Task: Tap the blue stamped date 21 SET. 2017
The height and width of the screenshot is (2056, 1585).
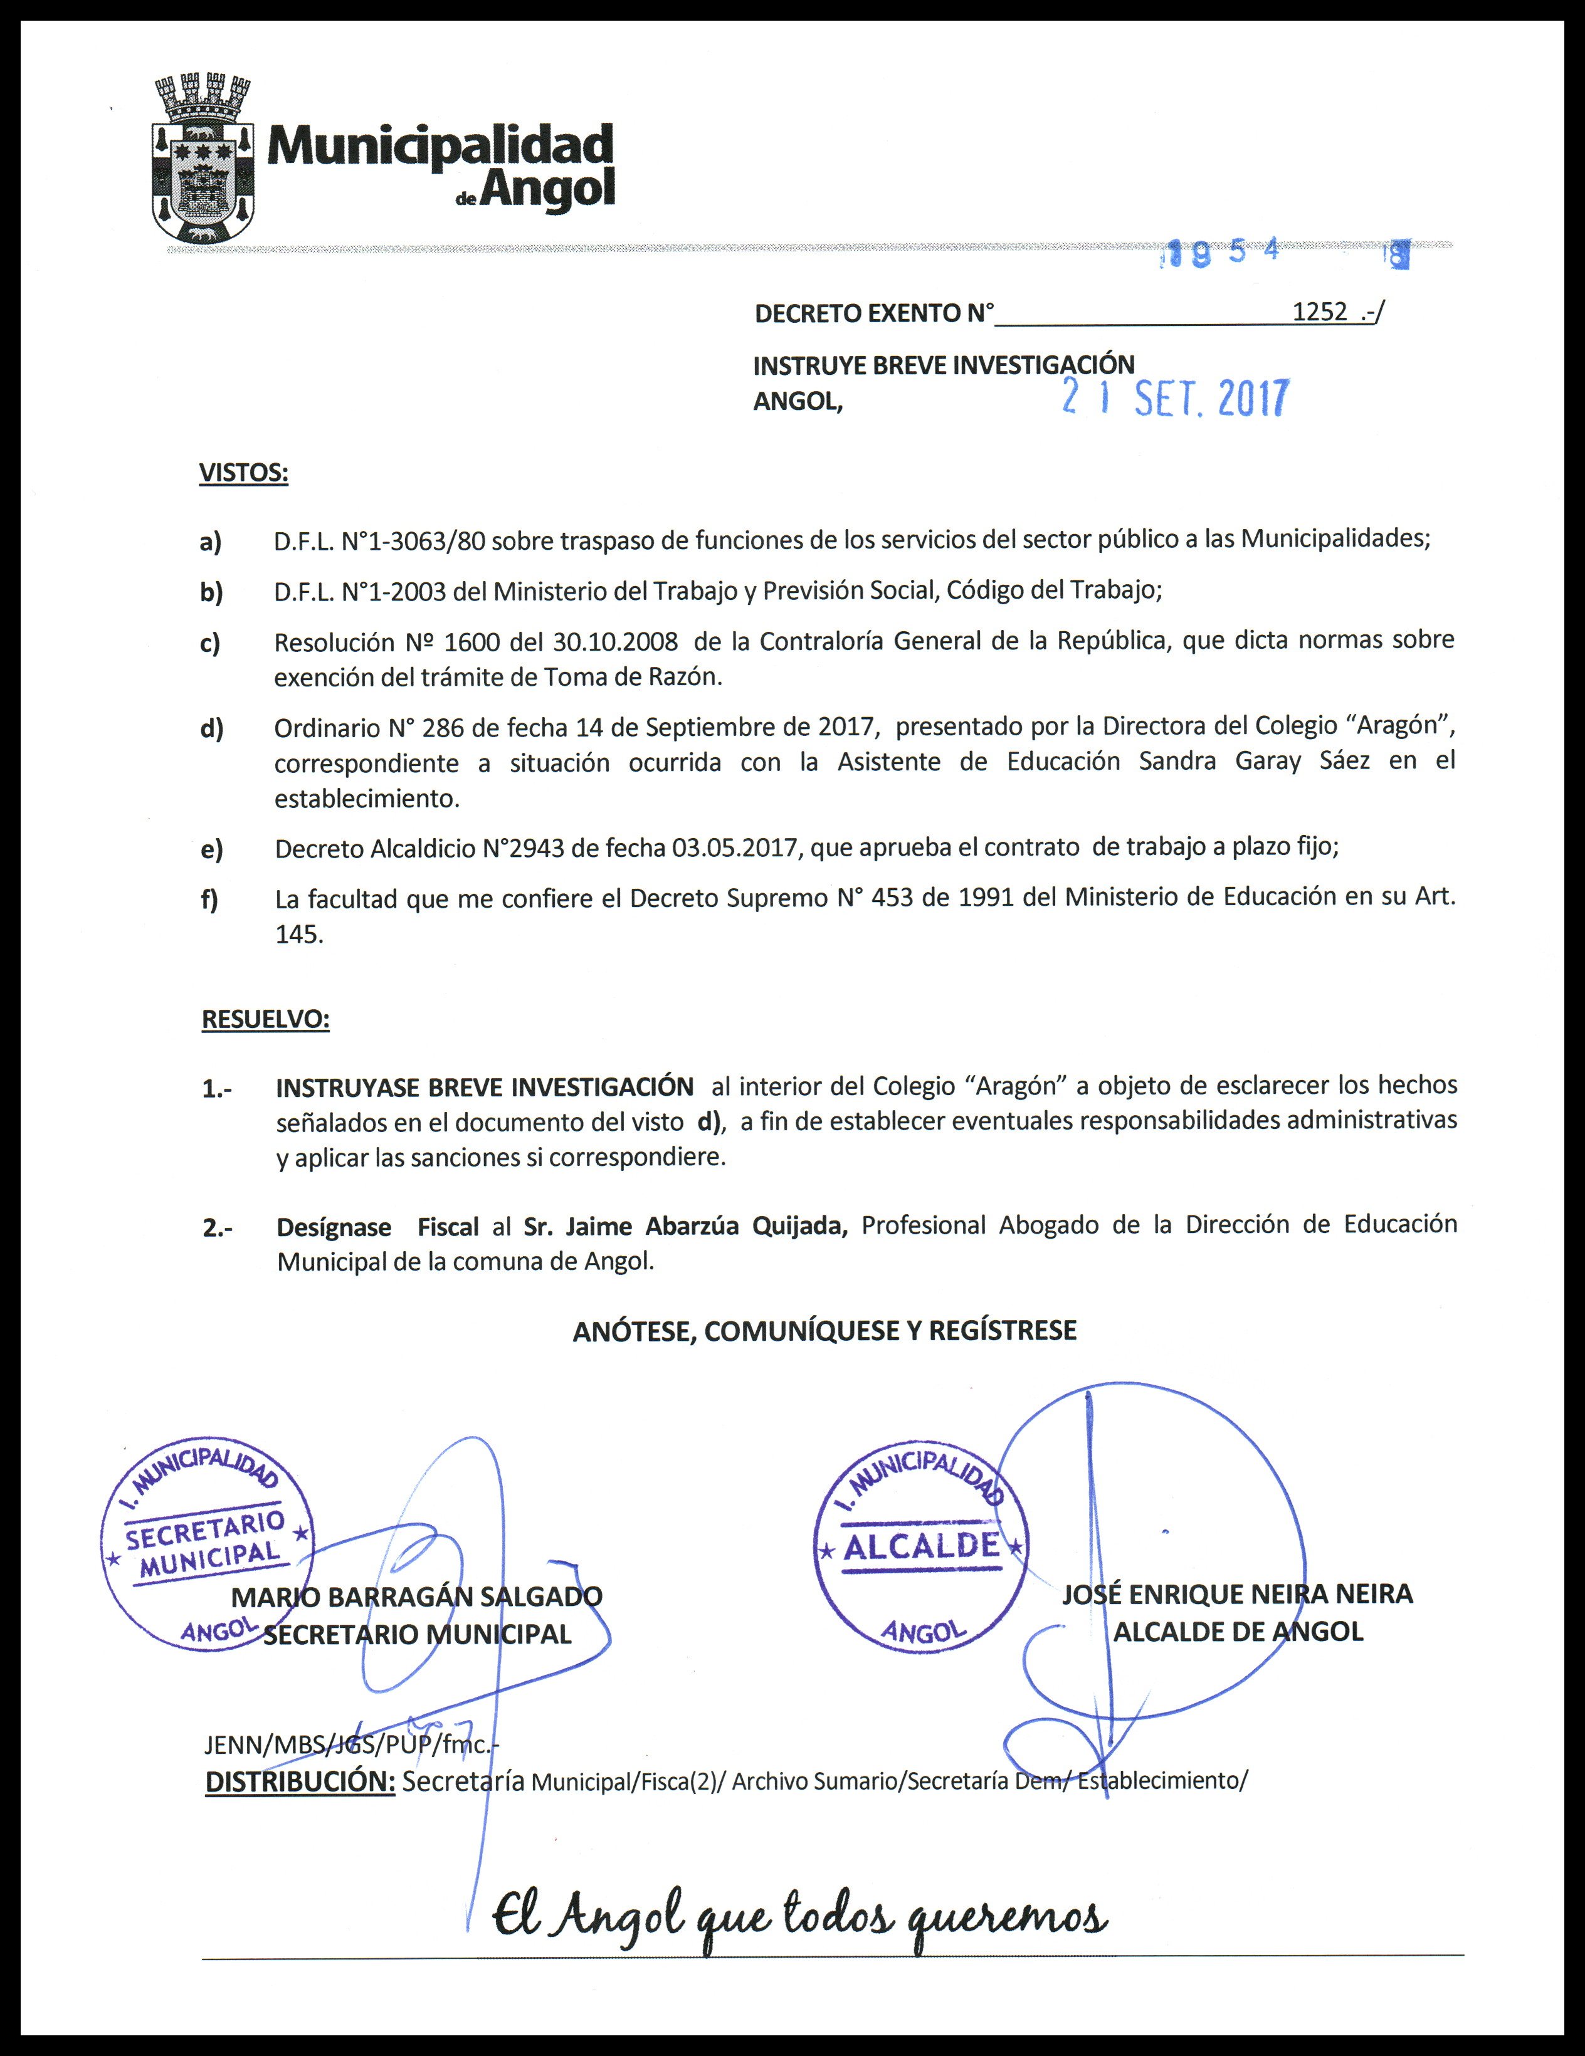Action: (1174, 399)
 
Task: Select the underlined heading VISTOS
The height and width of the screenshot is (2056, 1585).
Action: (243, 473)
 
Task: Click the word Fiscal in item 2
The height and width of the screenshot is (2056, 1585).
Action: (448, 1227)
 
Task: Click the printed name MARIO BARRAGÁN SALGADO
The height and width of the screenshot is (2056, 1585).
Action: (417, 1597)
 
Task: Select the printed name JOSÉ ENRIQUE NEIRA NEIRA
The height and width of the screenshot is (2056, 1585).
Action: (1238, 1594)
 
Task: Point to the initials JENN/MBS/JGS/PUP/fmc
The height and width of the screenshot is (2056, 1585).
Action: (350, 1744)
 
